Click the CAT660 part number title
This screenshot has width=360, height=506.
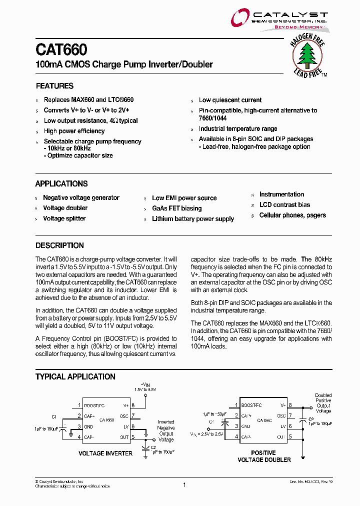pos(61,50)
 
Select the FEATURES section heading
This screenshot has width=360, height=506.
pos(54,86)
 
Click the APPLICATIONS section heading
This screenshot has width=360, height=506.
pos(61,183)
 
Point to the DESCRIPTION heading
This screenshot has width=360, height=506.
pos(59,245)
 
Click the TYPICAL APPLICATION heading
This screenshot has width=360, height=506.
pos(75,376)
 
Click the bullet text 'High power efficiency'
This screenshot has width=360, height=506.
pos(74,131)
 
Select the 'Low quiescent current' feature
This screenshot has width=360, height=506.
pos(230,100)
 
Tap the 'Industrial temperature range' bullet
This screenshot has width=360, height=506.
pos(238,129)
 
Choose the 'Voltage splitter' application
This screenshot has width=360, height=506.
pos(64,218)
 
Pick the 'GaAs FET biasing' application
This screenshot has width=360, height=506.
pos(176,208)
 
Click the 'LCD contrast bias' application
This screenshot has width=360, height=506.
pos(284,205)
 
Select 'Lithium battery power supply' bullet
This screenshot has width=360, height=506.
pos(192,219)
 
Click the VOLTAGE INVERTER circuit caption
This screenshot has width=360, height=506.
pos(105,453)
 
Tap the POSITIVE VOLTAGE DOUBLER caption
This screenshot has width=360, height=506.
pos(263,456)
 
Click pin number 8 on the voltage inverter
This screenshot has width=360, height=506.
pos(133,405)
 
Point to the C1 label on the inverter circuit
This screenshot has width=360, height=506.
pos(54,416)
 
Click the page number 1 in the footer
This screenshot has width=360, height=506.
pos(184,485)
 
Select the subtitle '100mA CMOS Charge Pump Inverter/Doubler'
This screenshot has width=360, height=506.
pos(124,64)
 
